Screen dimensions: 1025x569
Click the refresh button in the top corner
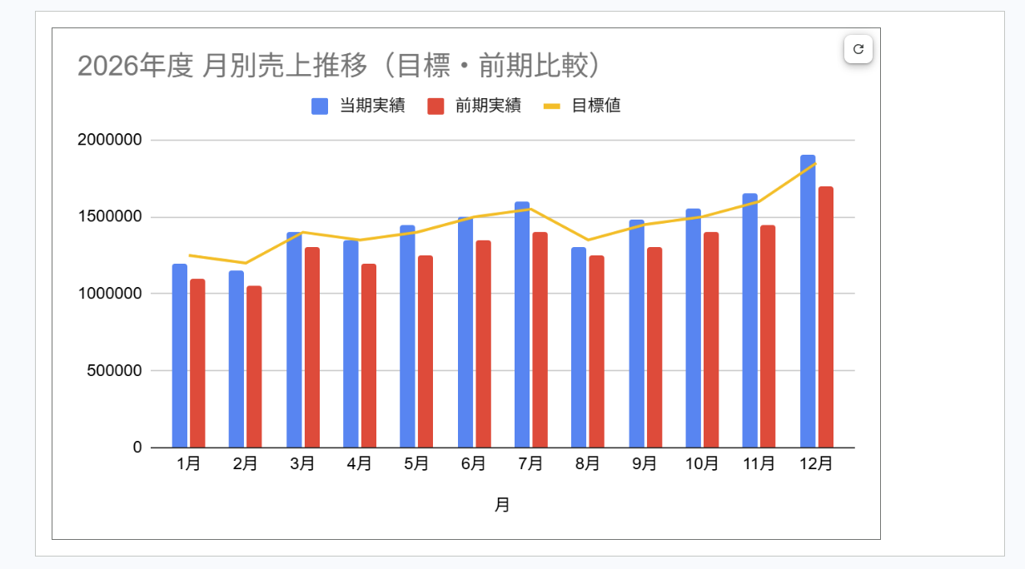coord(858,49)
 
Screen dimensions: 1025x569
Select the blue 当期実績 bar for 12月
coord(808,301)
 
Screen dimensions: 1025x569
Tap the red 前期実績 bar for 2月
coord(254,367)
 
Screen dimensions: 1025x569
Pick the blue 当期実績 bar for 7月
coord(522,324)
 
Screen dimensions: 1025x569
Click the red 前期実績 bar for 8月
coord(596,351)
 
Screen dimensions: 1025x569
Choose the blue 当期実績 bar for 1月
coord(180,355)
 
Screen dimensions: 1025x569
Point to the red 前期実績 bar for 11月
coord(768,336)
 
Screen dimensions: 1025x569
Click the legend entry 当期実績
coord(358,106)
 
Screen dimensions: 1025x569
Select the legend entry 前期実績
coord(474,106)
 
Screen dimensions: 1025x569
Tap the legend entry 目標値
coord(581,106)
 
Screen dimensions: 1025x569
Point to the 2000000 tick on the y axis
coord(110,140)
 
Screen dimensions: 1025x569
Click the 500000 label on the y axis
coord(114,370)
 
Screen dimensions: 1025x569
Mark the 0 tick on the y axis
coord(137,447)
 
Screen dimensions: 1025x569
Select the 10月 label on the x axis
coord(701,464)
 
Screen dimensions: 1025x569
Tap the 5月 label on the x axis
coord(416,464)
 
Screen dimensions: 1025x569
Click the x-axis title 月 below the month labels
coord(502,505)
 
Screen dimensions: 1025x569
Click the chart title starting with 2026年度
coord(339,66)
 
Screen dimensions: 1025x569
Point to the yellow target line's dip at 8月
coord(588,240)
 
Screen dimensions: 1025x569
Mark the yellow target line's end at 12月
coord(816,163)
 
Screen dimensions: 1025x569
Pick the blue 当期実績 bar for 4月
coord(351,344)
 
